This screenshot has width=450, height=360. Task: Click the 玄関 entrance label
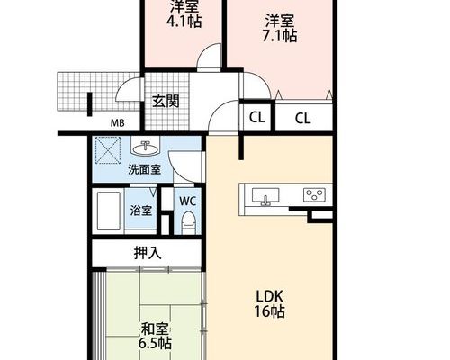pos(166,101)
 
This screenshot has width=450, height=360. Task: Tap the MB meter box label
pos(118,123)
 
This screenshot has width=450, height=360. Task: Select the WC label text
pos(188,201)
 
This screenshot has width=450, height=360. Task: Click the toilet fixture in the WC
pos(189,223)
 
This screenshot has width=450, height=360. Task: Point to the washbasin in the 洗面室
pos(146,148)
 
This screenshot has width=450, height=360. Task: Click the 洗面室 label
pos(145,170)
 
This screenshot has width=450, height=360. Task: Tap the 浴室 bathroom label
pos(141,211)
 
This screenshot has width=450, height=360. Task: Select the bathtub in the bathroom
pos(109,211)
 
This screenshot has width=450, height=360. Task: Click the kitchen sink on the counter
pos(265,196)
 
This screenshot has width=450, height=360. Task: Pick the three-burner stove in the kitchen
pos(314,194)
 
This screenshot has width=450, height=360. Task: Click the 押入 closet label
pos(148,253)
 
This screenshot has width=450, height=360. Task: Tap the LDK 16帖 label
pos(269,304)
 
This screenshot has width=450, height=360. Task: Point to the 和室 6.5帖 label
pos(155,336)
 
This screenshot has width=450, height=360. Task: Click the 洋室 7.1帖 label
pos(280,28)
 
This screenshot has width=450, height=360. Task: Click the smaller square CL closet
pos(256,117)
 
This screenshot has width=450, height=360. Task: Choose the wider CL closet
pos(303,118)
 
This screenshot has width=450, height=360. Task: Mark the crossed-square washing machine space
pos(108,150)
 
